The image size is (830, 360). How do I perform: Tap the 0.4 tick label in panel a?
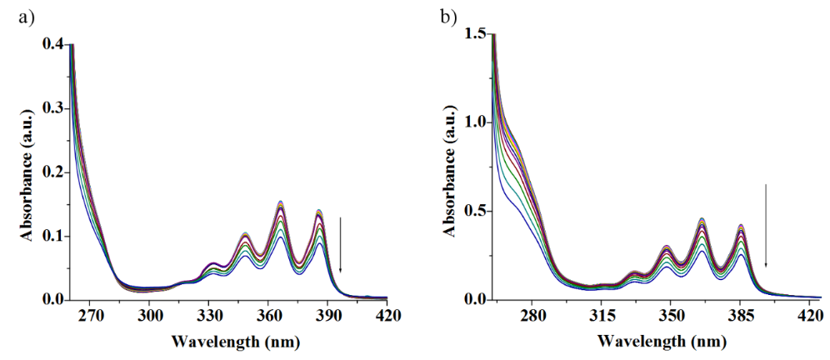[53, 43]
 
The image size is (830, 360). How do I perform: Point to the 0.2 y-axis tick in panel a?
[53, 172]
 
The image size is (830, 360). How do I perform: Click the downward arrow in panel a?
[340, 245]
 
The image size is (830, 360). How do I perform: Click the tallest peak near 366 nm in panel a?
[280, 201]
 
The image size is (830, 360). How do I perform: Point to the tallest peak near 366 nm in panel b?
[702, 218]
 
